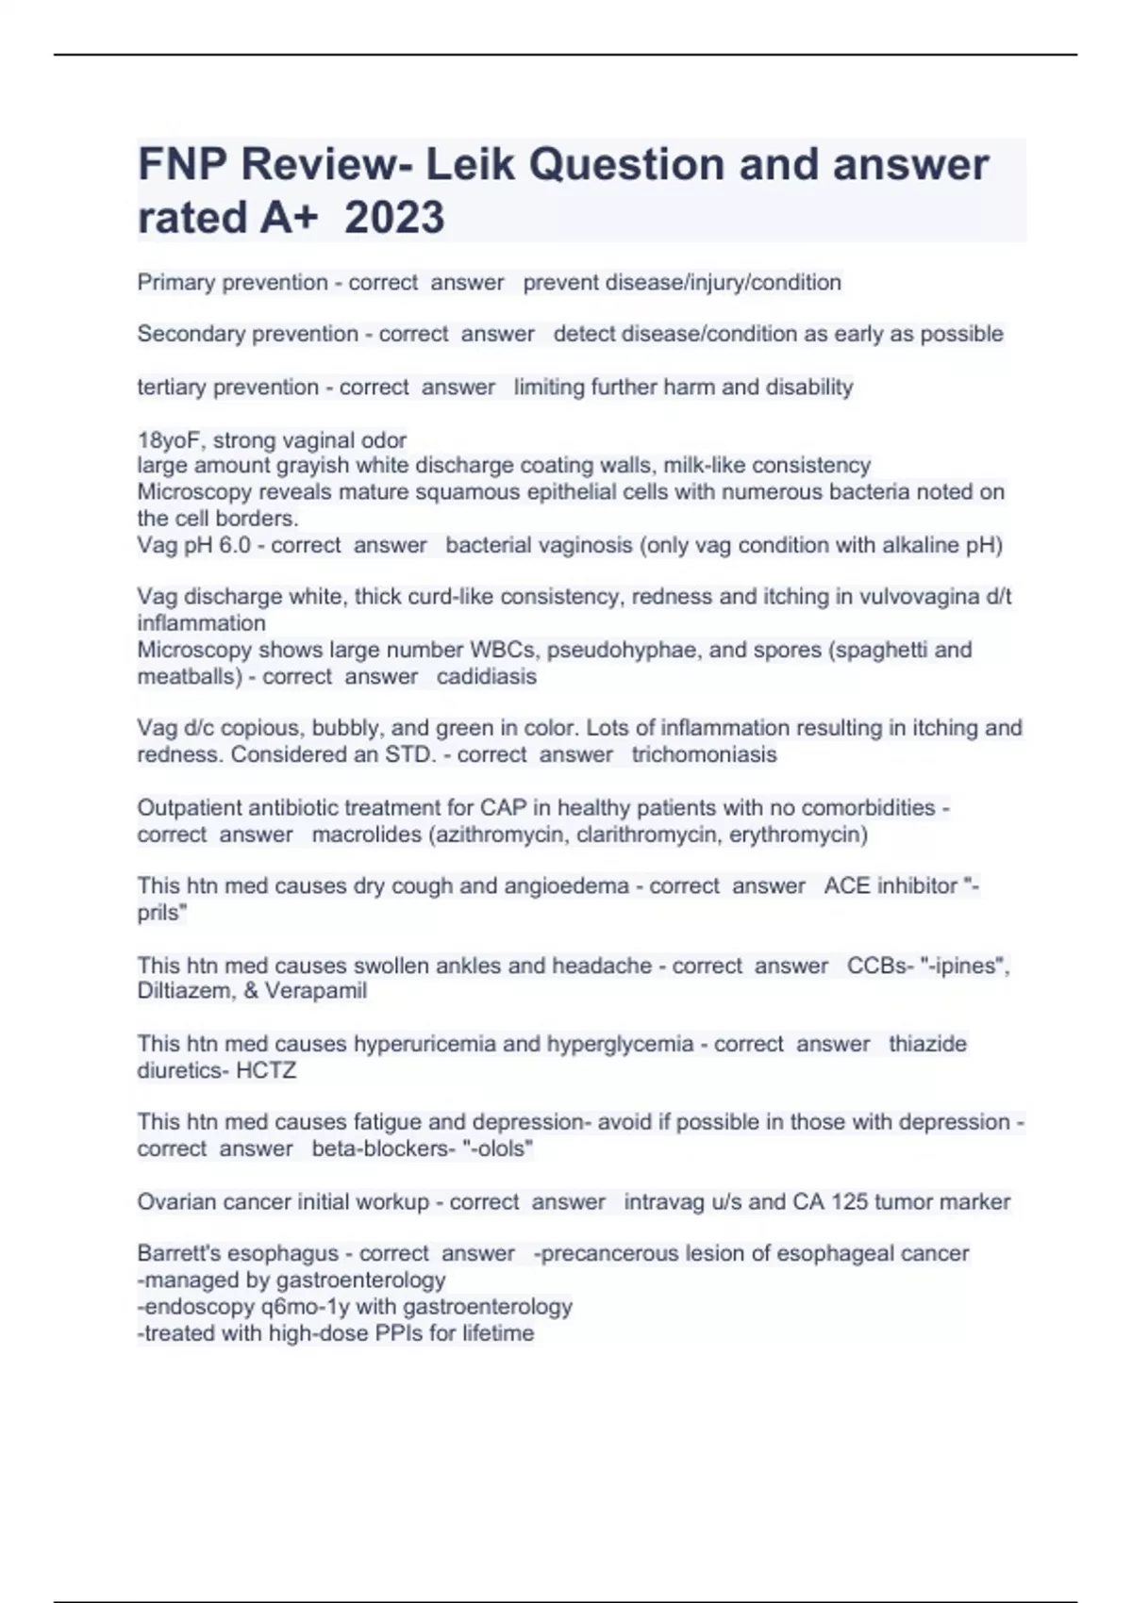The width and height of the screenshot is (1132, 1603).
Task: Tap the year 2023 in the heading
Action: pos(394,218)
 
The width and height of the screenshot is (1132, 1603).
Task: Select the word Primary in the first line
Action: pos(176,283)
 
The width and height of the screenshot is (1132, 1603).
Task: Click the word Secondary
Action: pos(184,334)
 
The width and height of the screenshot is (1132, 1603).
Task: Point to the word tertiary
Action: pos(170,387)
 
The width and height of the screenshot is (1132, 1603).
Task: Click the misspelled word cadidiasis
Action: pos(487,676)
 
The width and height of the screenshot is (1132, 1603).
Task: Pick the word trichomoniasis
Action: pos(704,754)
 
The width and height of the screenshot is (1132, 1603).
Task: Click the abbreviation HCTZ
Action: pos(266,1070)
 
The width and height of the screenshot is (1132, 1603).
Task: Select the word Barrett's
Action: pos(178,1253)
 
